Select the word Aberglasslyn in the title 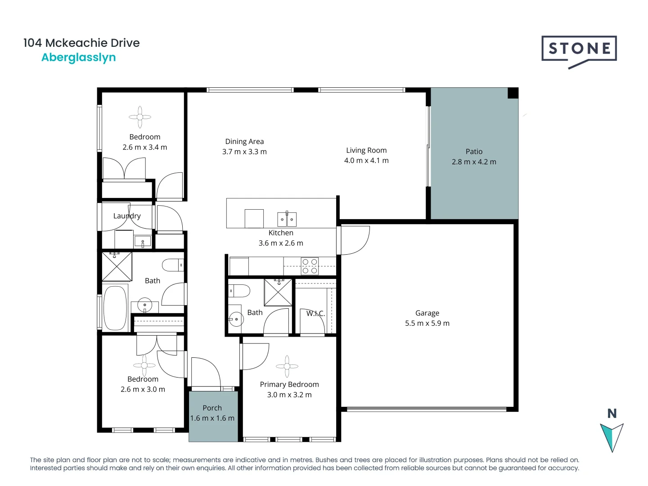tap(79, 58)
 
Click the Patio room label tap(474, 152)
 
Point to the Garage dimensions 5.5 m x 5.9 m tap(427, 323)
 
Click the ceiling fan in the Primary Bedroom tap(287, 366)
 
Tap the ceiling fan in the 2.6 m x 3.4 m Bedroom tap(140, 117)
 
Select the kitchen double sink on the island tap(287, 219)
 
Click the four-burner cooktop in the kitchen tap(310, 266)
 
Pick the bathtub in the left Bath tap(115, 308)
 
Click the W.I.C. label tap(315, 313)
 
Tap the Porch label tap(212, 408)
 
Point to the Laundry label tap(127, 216)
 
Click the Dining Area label tap(244, 141)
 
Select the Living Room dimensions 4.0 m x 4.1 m tap(366, 161)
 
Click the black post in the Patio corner tap(513, 93)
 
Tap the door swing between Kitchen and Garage tap(355, 240)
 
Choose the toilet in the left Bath tap(172, 265)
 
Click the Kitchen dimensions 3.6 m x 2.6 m tap(281, 243)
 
